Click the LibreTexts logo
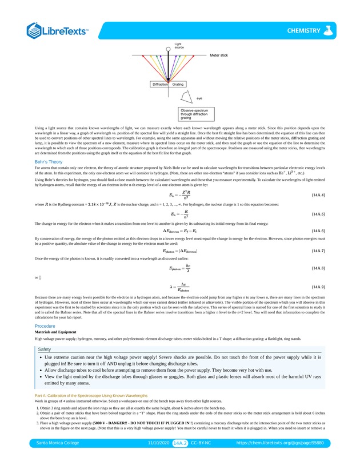coord(57,31)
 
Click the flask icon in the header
coord(327,31)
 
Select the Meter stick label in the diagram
coord(219,55)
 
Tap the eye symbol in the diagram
coord(186,96)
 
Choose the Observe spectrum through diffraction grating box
coord(194,113)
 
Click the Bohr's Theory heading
coord(48,162)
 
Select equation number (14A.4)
coord(318,195)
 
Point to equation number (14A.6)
coord(318,231)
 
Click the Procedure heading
coord(45,325)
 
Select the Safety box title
coord(45,349)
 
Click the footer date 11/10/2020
coord(159,442)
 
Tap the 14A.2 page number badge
coord(180,442)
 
